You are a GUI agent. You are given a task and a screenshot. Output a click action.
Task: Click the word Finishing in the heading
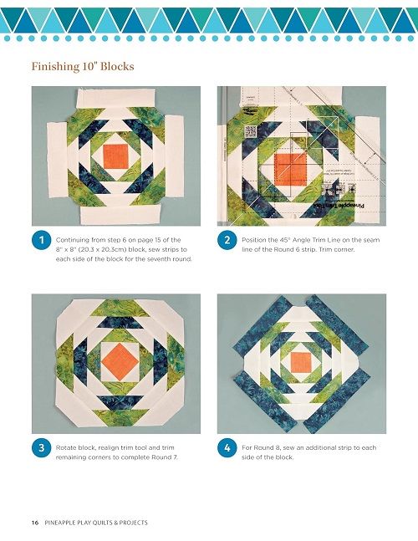tap(55, 66)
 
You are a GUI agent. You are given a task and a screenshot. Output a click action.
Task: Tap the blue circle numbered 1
tap(42, 240)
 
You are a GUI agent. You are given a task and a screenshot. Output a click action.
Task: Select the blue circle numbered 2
tap(227, 240)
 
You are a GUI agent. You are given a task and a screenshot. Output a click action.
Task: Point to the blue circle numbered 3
tap(42, 447)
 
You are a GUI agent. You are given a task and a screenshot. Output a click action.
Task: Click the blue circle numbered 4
tap(227, 447)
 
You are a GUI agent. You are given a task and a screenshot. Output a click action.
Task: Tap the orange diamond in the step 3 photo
tap(120, 361)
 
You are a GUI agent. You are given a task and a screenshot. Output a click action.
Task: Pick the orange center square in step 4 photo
tap(300, 363)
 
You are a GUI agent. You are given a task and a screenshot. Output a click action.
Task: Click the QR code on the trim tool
tap(251, 131)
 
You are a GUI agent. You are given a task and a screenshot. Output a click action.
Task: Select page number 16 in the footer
tap(35, 523)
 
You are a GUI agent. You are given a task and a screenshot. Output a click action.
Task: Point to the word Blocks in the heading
tap(117, 66)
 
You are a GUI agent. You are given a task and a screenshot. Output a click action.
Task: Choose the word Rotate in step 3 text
tap(66, 447)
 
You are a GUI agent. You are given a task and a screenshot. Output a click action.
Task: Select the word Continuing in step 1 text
tap(73, 240)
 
